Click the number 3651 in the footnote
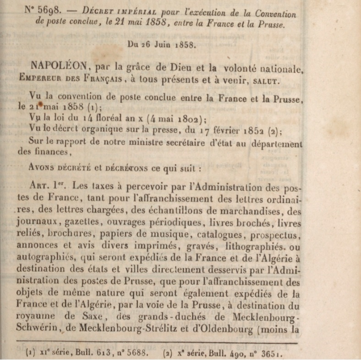tap(271, 354)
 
